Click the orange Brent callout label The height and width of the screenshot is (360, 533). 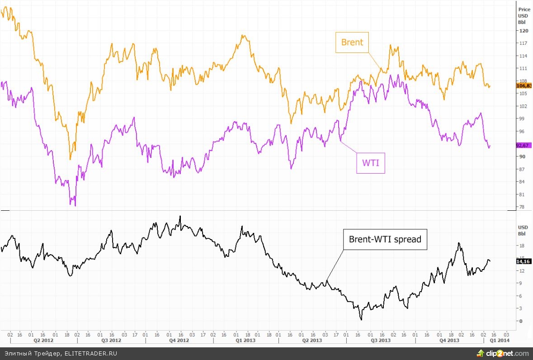(352, 43)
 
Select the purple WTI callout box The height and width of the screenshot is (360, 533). (371, 163)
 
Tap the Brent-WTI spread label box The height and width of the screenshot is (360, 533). (385, 239)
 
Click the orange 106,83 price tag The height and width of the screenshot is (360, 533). (524, 85)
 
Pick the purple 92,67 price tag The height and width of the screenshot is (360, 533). (524, 145)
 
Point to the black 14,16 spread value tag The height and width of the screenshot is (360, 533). (524, 261)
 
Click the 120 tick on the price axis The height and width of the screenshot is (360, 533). (524, 31)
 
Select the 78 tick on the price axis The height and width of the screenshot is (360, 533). (522, 207)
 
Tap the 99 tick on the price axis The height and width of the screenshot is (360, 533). (522, 118)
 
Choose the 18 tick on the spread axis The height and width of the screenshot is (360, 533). (522, 246)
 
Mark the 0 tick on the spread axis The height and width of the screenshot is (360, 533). (520, 321)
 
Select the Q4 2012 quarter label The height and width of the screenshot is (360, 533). (179, 340)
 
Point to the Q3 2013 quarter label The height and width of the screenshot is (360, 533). (381, 340)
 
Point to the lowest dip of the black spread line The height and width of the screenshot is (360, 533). (361, 319)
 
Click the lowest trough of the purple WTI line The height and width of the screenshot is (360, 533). (75, 206)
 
